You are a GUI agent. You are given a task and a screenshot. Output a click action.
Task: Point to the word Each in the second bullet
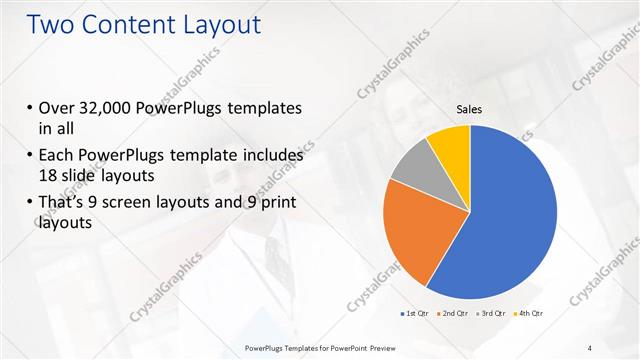point(56,157)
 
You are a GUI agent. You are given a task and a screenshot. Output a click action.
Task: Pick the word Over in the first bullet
point(56,108)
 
